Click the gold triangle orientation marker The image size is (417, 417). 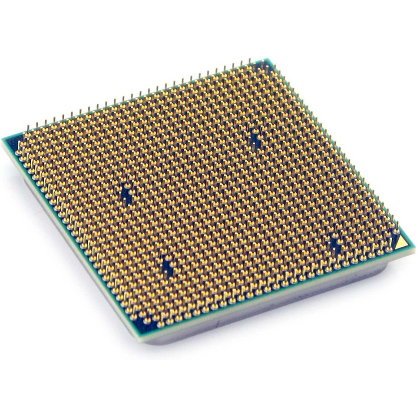click(x=402, y=243)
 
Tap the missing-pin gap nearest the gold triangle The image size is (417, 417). click(x=335, y=244)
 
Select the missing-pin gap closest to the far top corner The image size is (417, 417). click(x=255, y=138)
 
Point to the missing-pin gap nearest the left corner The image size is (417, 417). click(x=126, y=193)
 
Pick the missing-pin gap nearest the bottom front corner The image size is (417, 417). click(x=168, y=266)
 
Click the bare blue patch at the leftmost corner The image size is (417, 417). click(x=13, y=143)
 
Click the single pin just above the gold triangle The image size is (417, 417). click(x=396, y=228)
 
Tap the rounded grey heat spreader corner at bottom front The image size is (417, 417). click(x=150, y=341)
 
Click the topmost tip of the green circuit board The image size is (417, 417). click(x=265, y=60)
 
